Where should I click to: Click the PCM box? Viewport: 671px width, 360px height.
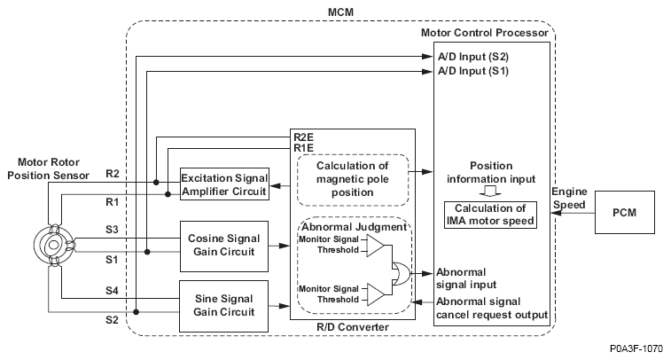pyautogui.click(x=627, y=215)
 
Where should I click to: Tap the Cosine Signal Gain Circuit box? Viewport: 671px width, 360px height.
pyautogui.click(x=223, y=246)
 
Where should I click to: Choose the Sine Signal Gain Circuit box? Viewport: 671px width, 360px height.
pyautogui.click(x=223, y=304)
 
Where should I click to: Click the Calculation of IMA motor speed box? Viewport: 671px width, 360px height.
pyautogui.click(x=490, y=214)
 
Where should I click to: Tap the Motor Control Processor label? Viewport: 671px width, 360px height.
pyautogui.click(x=487, y=34)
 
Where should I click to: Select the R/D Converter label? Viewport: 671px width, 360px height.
pyautogui.click(x=353, y=327)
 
